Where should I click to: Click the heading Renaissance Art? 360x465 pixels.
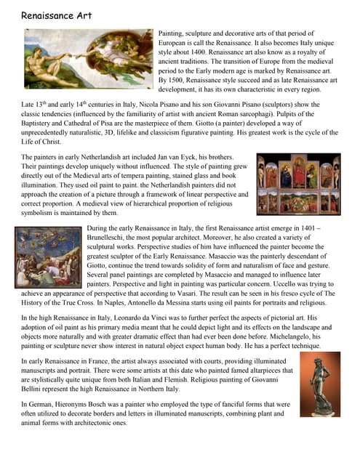pos(56,15)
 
